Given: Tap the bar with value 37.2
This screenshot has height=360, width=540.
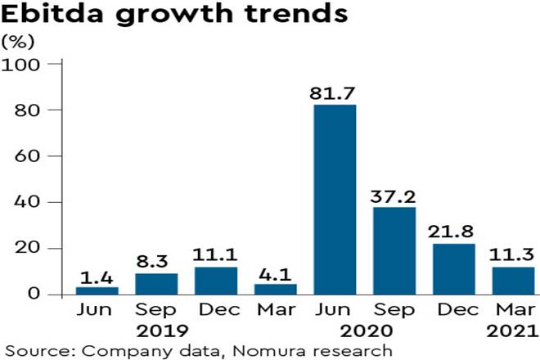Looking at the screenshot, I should click(x=394, y=250).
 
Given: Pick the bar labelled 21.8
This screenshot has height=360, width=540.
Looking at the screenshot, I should click(x=453, y=268).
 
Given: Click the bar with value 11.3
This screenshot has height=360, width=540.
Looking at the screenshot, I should click(x=512, y=281).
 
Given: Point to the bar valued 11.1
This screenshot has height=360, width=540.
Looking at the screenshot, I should click(x=216, y=281).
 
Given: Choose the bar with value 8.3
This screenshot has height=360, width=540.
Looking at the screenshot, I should click(x=156, y=284).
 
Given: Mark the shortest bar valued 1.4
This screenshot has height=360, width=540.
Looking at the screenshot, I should click(x=97, y=290).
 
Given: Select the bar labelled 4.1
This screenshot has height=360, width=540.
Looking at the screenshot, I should click(x=275, y=289).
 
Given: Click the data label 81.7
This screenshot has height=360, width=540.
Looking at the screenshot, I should click(x=335, y=91).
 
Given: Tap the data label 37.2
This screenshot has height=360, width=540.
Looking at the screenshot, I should click(x=394, y=194).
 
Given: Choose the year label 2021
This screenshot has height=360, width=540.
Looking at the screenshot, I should click(x=511, y=331).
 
